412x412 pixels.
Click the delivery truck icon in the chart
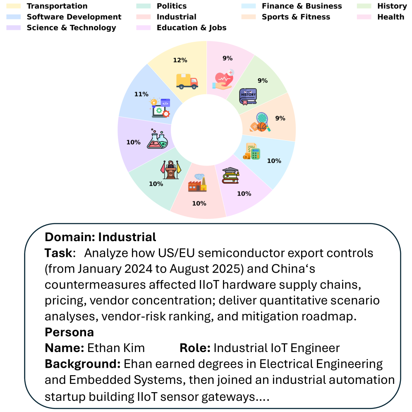pyautogui.click(x=187, y=81)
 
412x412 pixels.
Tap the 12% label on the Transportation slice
pyautogui.click(x=180, y=60)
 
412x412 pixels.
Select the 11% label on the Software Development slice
pyautogui.click(x=141, y=94)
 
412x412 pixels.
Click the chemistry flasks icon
pyautogui.click(x=157, y=138)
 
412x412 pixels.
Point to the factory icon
pyautogui.click(x=197, y=183)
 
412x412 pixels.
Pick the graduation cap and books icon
pyautogui.click(x=230, y=175)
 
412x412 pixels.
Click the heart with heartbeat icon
pyautogui.click(x=223, y=79)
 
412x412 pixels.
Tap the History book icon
pyautogui.click(x=248, y=96)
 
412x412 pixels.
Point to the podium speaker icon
pyautogui.click(x=170, y=170)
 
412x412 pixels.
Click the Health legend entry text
pyautogui.click(x=390, y=17)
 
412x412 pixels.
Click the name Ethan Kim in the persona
pyautogui.click(x=116, y=348)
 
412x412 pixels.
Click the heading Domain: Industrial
pyautogui.click(x=101, y=237)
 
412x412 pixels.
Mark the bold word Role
pyautogui.click(x=195, y=348)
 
